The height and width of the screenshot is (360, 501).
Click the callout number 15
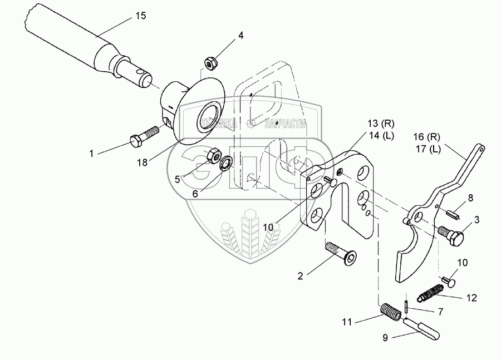pyautogui.click(x=141, y=16)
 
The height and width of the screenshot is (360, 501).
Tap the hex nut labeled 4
pyautogui.click(x=210, y=62)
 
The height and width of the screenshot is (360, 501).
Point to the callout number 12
pyautogui.click(x=471, y=298)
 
